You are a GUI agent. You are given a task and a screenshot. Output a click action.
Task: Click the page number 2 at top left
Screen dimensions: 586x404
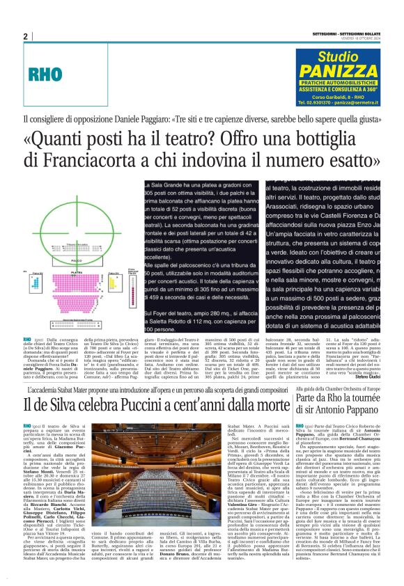tap(25, 37)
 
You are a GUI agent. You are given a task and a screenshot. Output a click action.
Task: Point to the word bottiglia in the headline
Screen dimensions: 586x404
tap(329, 137)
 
